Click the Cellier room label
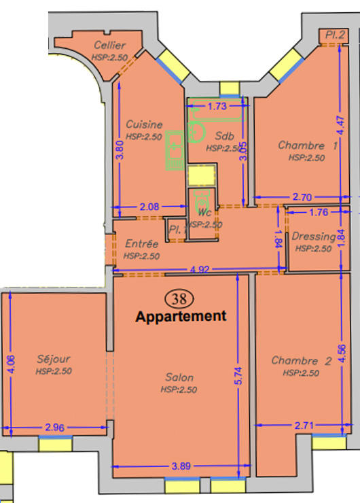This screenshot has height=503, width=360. point(109,45)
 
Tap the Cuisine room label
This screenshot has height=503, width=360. point(144,124)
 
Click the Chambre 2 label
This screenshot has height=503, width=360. point(300,361)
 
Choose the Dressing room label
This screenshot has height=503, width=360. point(313,237)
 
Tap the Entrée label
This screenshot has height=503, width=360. point(141,244)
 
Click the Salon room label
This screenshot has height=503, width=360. point(179,377)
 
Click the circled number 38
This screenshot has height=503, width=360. point(180,298)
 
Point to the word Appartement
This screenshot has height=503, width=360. point(180,316)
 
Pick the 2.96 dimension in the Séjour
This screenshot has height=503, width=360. point(55,427)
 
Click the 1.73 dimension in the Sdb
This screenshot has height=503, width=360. point(217,106)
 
